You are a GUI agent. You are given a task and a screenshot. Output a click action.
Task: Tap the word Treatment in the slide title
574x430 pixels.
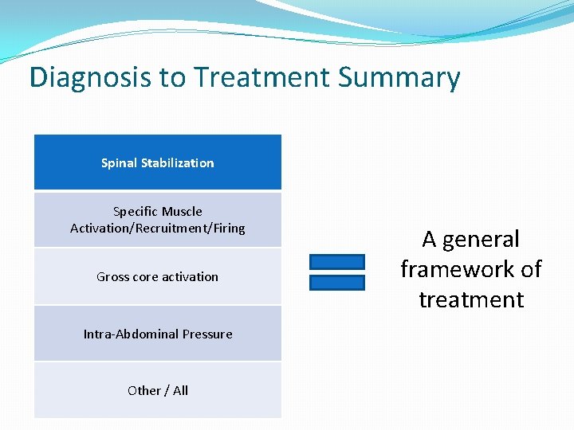point(261,78)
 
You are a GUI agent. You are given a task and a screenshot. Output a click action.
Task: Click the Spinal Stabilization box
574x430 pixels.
point(158,162)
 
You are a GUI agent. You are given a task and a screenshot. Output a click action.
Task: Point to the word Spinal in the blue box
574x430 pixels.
point(119,163)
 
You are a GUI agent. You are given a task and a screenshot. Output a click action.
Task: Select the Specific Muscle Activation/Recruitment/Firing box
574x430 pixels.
point(158,220)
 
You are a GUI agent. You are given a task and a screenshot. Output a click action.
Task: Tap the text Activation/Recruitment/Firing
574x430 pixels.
point(158,229)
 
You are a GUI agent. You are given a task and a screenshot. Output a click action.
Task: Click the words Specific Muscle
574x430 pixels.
point(158,212)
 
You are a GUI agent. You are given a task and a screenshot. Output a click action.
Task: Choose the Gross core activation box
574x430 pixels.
point(158,277)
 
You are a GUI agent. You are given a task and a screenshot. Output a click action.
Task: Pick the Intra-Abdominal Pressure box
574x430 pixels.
point(158,334)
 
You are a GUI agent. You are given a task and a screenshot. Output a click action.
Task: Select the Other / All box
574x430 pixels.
point(158,390)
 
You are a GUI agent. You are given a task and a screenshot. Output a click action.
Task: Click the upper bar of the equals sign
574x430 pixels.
point(336,262)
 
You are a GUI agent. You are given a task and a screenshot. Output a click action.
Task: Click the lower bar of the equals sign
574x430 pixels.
point(336,282)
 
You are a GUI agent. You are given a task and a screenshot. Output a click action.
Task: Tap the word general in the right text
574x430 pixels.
point(483,240)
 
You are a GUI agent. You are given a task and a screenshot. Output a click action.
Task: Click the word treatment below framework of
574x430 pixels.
point(471,299)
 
